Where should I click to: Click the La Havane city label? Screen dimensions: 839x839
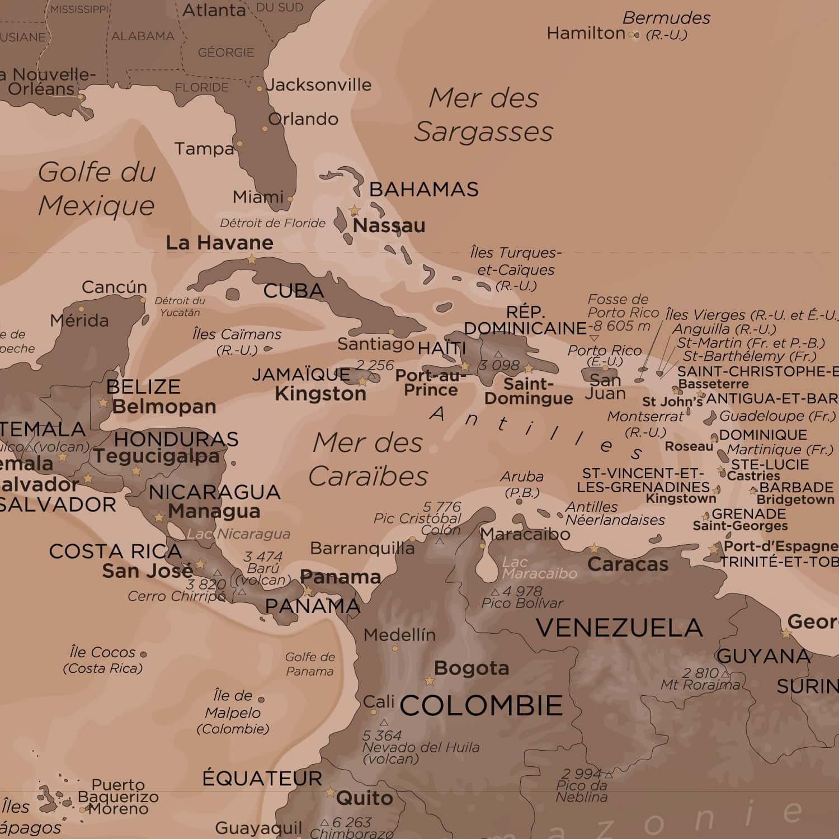pos(219,243)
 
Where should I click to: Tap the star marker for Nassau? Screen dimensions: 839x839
pos(354,211)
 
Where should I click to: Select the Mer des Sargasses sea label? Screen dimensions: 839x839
pos(483,115)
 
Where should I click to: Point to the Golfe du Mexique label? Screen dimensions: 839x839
pos(97,188)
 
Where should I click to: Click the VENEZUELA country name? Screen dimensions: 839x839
pos(619,628)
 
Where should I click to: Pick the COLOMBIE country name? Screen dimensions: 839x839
pos(481,705)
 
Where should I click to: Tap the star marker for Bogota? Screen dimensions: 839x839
pos(430,681)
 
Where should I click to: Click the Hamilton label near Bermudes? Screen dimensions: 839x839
pos(585,34)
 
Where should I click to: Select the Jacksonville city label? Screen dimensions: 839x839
pos(319,85)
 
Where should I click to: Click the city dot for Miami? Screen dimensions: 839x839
pos(290,199)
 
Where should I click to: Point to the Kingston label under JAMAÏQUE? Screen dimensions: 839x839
pos(320,394)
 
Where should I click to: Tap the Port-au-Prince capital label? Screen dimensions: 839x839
pos(431,383)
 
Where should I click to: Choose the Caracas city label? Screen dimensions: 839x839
pos(628,564)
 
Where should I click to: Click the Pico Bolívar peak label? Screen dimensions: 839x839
pos(522,603)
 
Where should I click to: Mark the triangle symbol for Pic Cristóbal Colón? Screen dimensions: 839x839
pos(440,541)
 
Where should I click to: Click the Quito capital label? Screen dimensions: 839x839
pos(364,798)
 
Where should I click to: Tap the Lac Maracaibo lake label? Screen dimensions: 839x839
pos(539,568)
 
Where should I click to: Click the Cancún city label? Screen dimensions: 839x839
pos(114,287)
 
